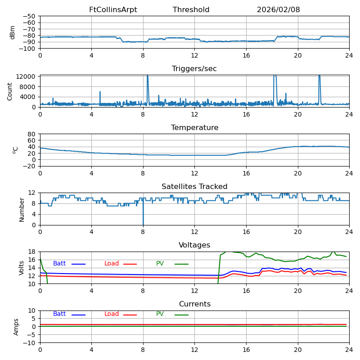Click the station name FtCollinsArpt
pyautogui.click(x=113, y=10)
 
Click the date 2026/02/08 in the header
pyautogui.click(x=278, y=10)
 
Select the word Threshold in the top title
pyautogui.click(x=191, y=10)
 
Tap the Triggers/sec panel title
pyautogui.click(x=194, y=69)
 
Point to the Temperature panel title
pyautogui.click(x=194, y=128)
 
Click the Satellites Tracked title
pyautogui.click(x=194, y=187)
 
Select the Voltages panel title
pyautogui.click(x=194, y=245)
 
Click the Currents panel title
pyautogui.click(x=194, y=304)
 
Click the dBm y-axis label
pyautogui.click(x=13, y=32)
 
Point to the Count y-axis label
pyautogui.click(x=10, y=91)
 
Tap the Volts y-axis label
pyautogui.click(x=22, y=268)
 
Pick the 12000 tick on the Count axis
pyautogui.click(x=27, y=76)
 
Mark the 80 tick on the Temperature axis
pyautogui.click(x=32, y=134)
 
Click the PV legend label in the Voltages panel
pyautogui.click(x=161, y=264)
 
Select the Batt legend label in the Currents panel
pyautogui.click(x=59, y=314)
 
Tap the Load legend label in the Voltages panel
pyautogui.click(x=112, y=264)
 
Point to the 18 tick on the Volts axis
pyautogui.click(x=32, y=252)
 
